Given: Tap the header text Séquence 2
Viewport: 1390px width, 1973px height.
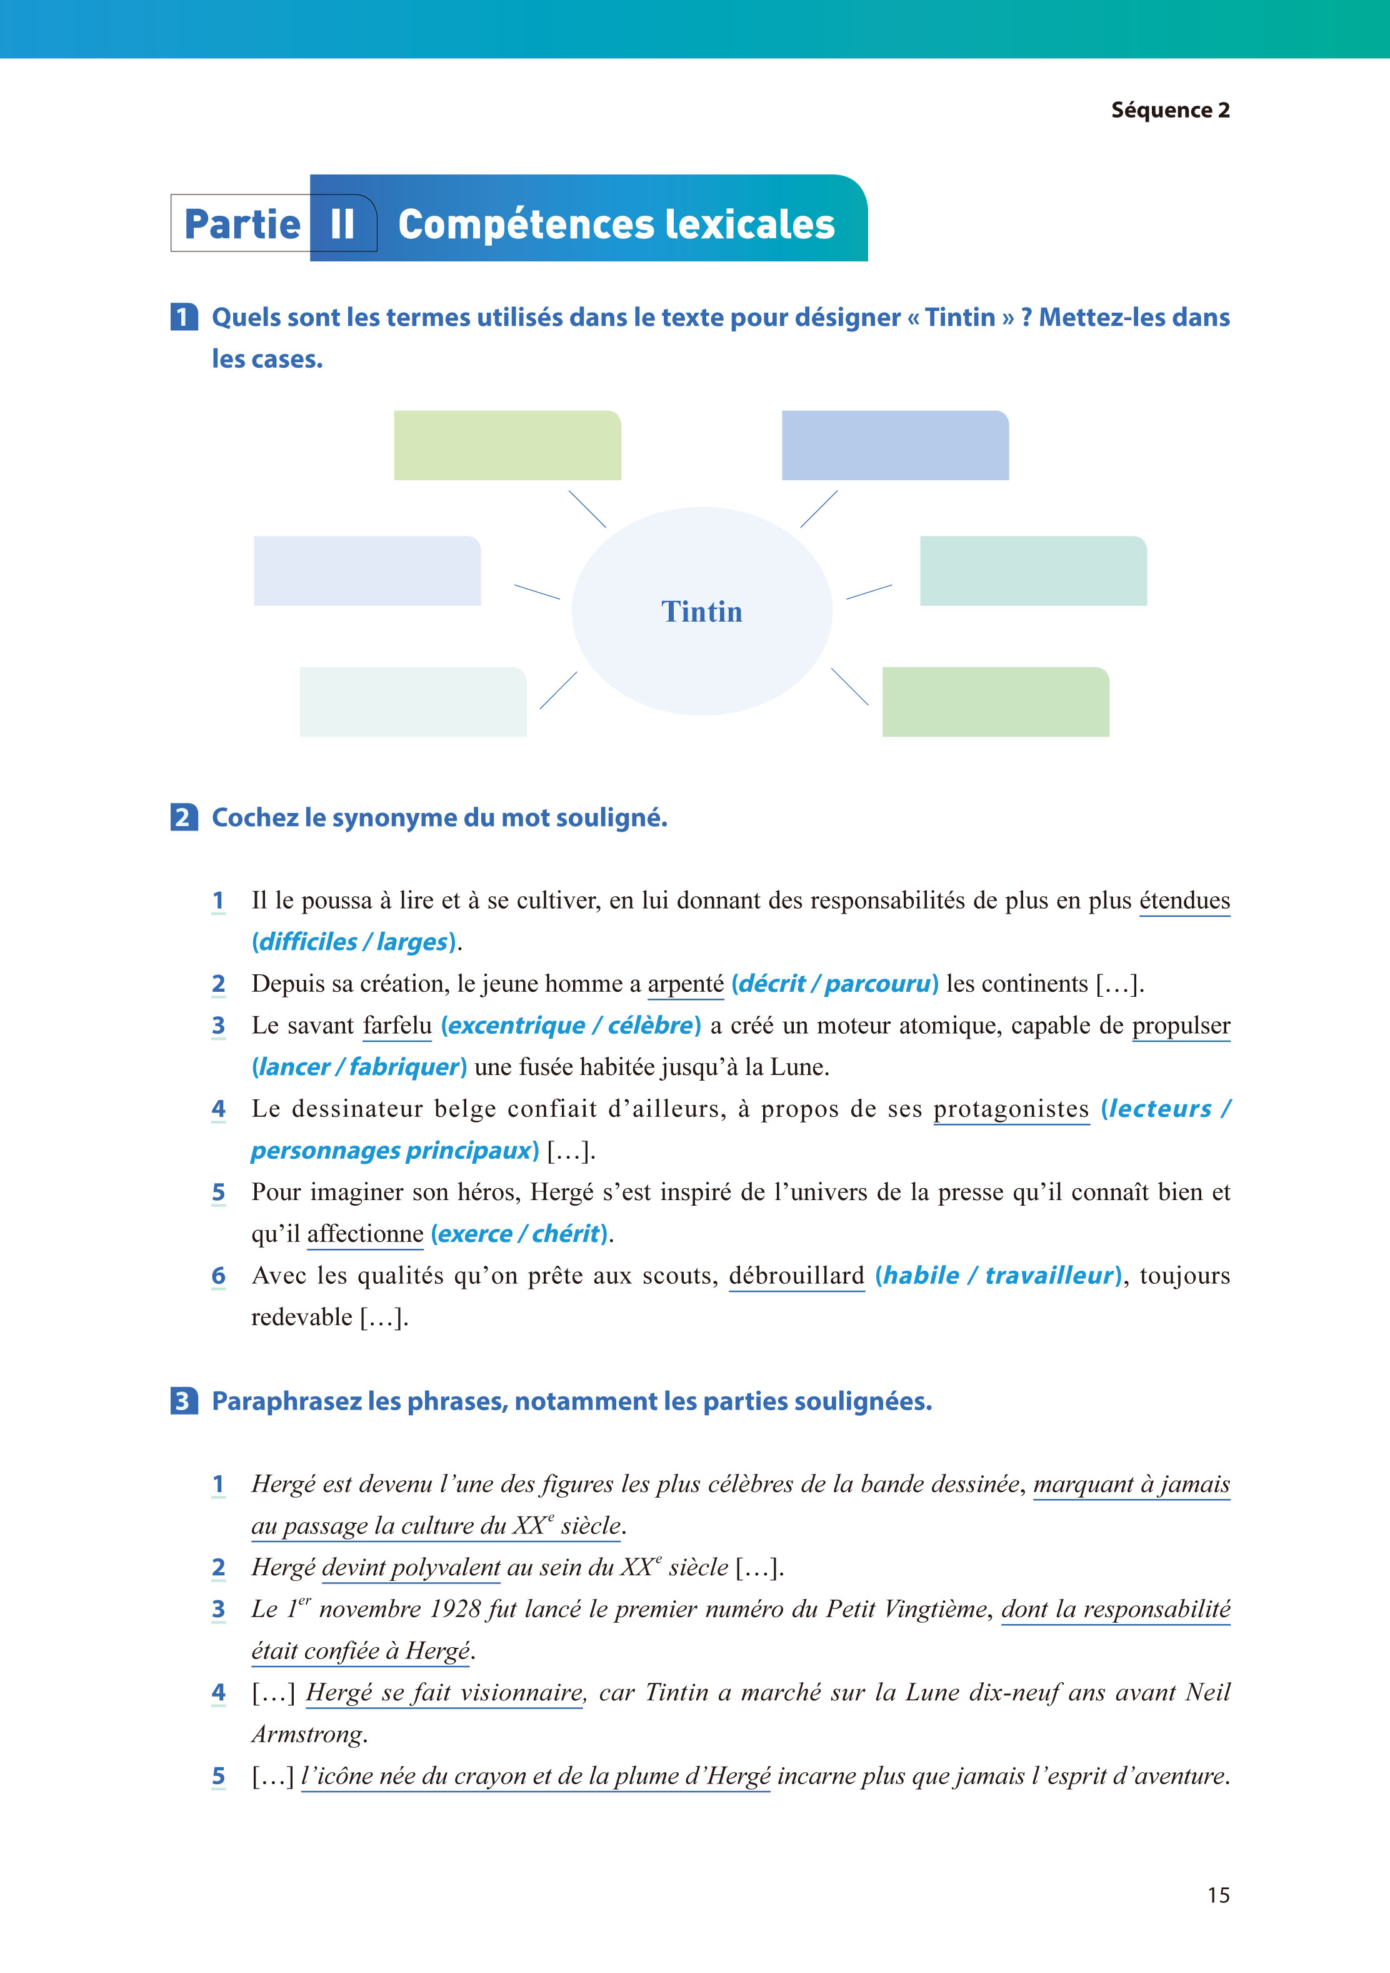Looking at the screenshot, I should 1170,110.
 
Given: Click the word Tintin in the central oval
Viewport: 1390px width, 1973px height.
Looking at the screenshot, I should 701,612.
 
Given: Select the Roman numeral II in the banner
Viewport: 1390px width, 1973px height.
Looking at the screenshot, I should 342,225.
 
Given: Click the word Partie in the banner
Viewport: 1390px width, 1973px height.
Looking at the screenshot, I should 242,225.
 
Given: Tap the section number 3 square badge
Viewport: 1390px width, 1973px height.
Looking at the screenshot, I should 184,1401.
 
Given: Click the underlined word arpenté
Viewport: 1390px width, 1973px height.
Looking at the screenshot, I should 685,983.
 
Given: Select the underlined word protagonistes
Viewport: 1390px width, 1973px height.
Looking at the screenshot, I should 1011,1109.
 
